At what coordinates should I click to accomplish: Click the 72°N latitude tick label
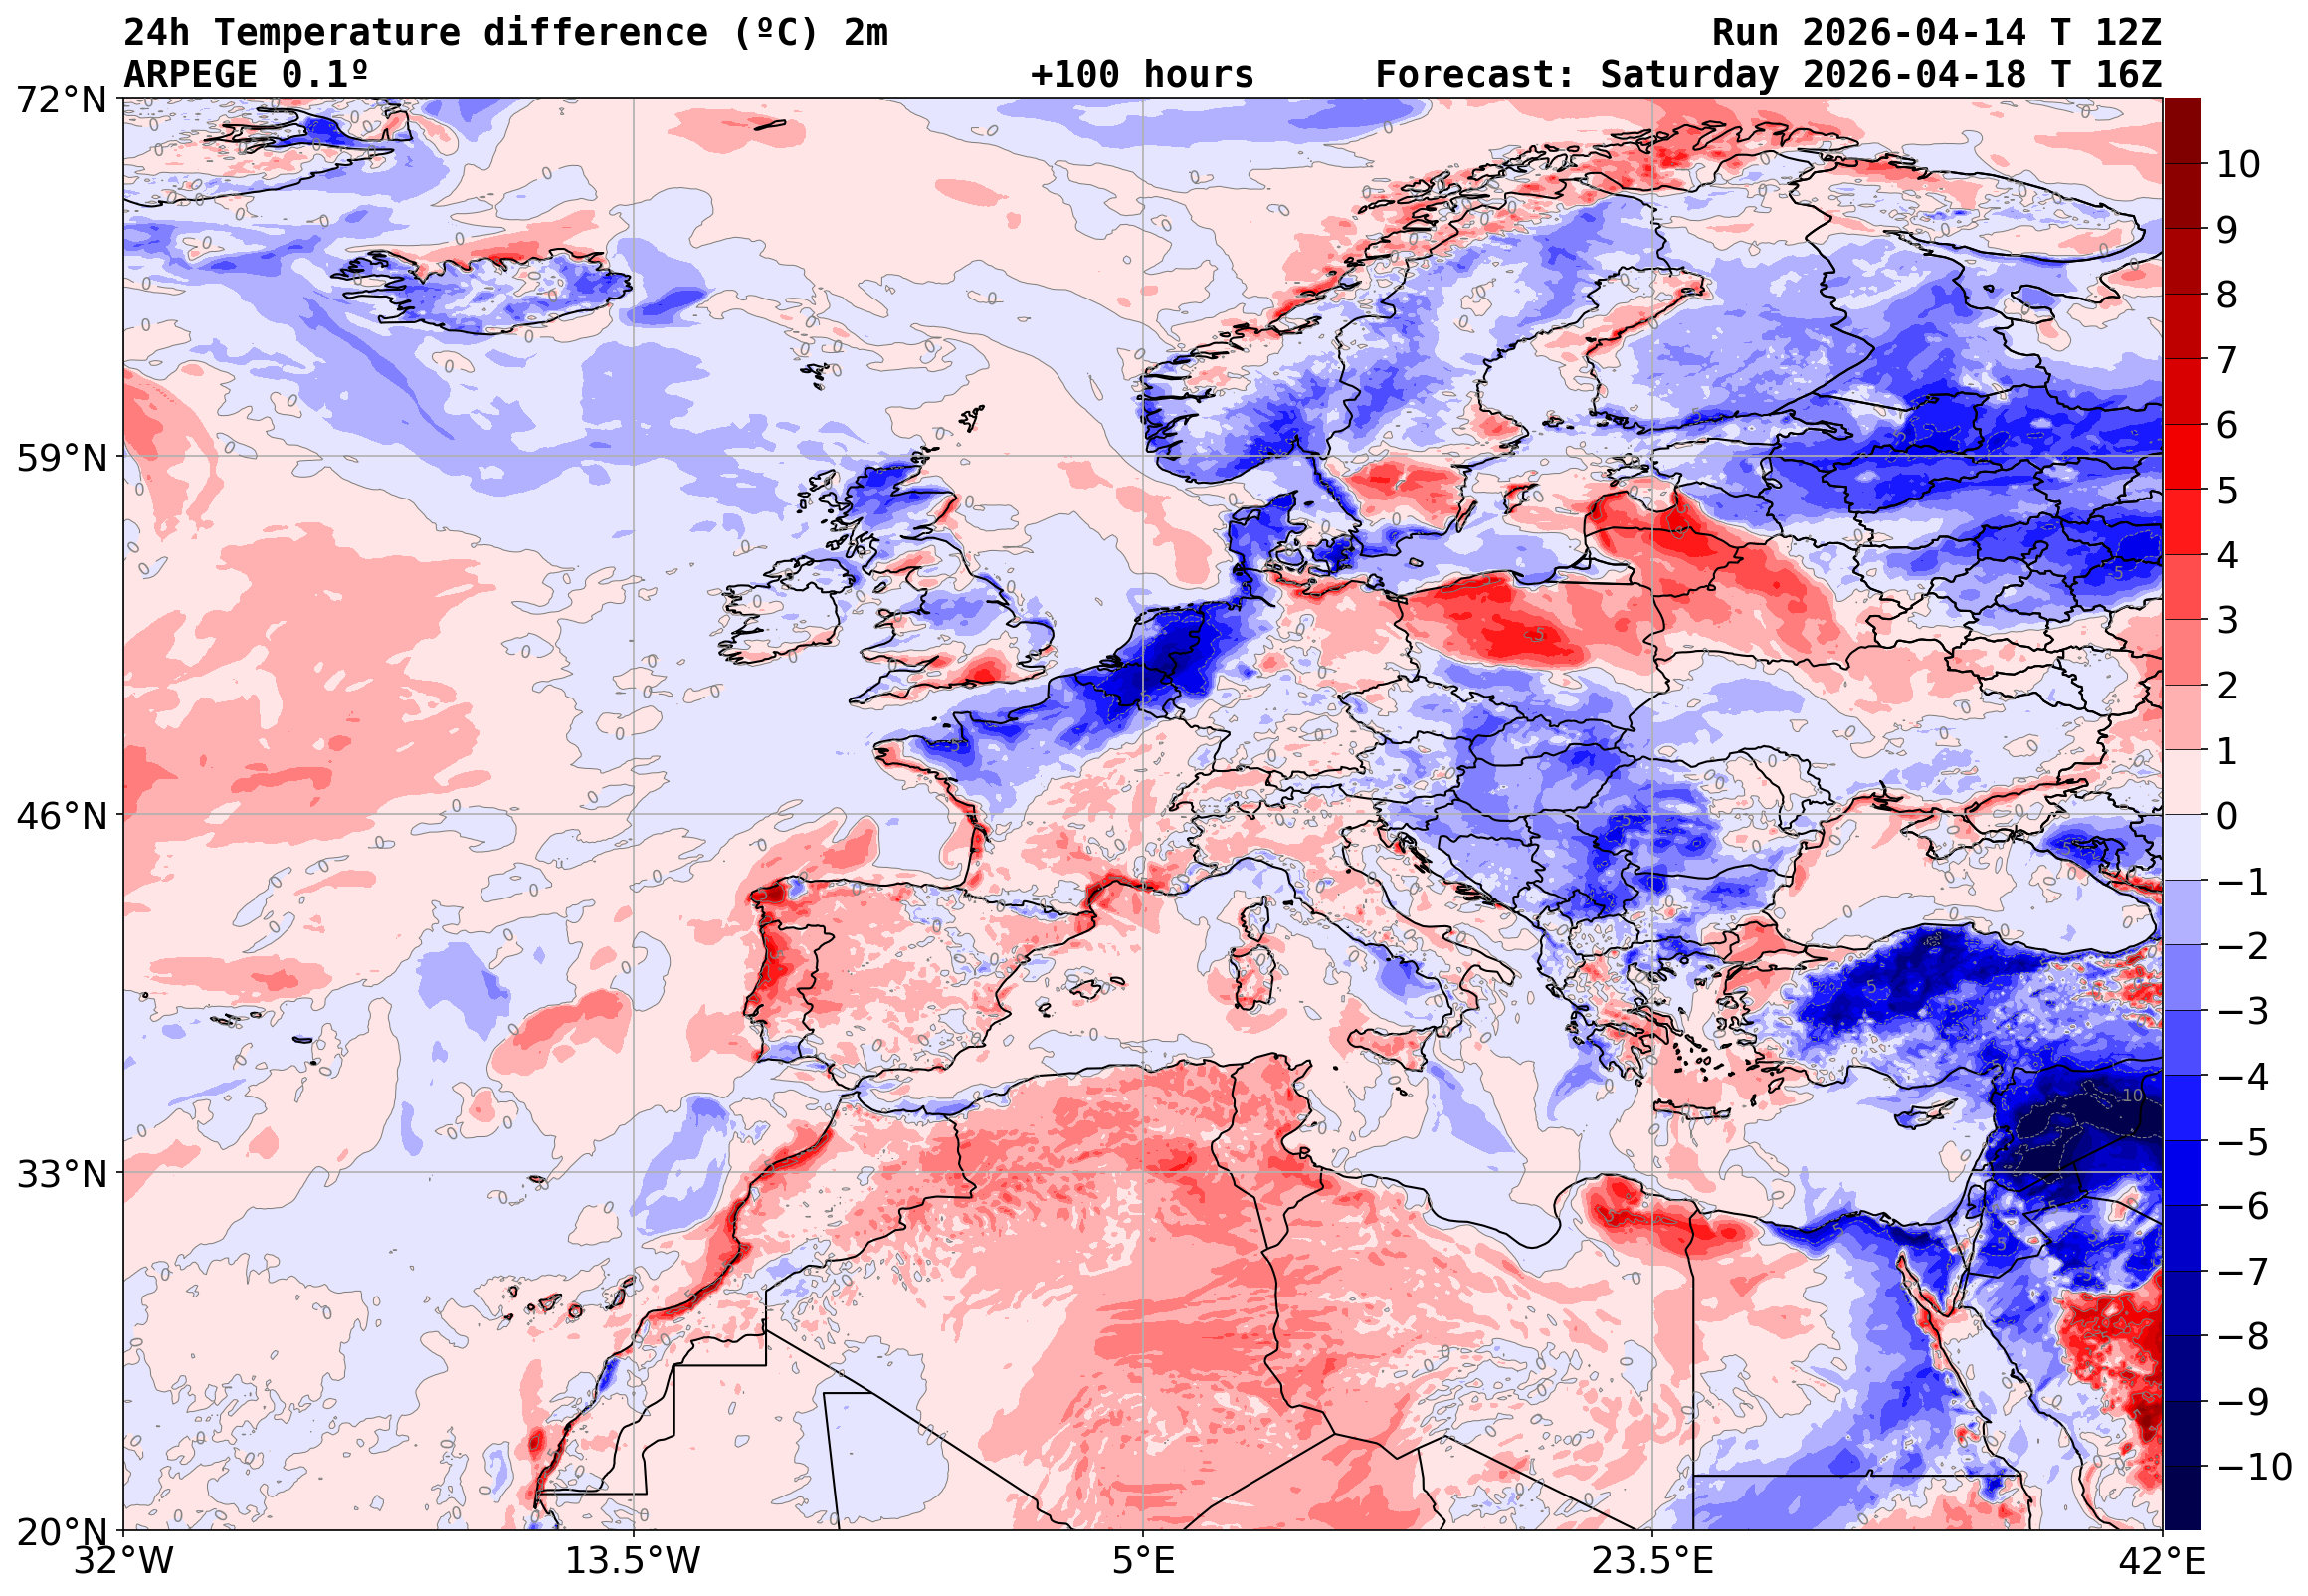(x=61, y=100)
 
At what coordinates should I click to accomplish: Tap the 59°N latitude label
(x=61, y=459)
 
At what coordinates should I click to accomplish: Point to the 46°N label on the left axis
(x=61, y=817)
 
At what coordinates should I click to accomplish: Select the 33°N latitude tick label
(x=61, y=1175)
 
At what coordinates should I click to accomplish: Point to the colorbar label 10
(x=2238, y=165)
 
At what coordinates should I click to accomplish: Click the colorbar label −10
(x=2254, y=1468)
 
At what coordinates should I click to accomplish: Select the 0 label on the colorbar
(x=2227, y=817)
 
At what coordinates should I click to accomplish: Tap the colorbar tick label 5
(x=2227, y=491)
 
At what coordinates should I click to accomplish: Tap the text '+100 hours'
(x=1141, y=75)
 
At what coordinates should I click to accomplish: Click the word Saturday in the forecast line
(x=1689, y=75)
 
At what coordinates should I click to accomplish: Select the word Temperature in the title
(x=337, y=33)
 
